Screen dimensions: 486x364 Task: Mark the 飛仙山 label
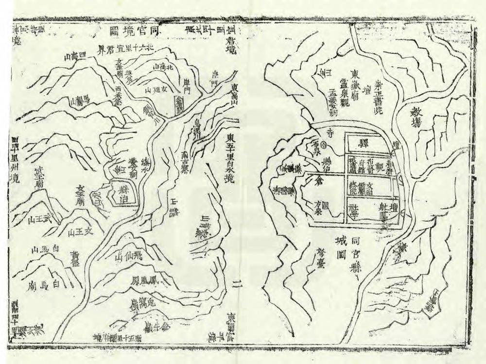point(130,256)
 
